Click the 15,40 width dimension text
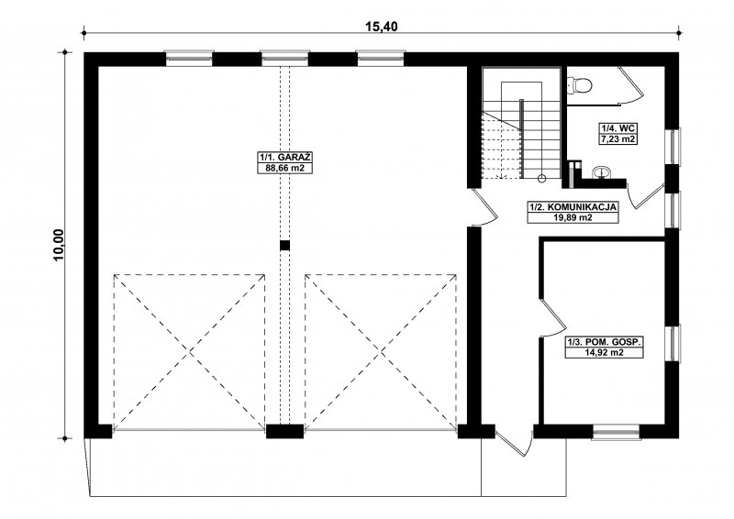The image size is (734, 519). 382,27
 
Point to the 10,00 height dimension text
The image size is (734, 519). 59,245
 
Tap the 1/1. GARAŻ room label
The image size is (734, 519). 285,157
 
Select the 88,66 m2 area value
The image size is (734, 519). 285,168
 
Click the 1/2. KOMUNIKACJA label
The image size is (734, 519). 573,207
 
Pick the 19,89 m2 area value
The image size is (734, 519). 573,217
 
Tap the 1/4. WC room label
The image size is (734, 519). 618,127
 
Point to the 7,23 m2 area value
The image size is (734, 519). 618,138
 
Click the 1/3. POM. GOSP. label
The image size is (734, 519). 604,342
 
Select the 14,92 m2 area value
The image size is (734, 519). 604,353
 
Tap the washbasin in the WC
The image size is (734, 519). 601,173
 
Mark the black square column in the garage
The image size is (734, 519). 285,245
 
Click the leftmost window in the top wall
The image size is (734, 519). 189,58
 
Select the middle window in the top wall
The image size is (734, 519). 284,58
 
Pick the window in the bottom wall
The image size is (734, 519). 616,433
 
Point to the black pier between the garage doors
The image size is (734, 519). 284,431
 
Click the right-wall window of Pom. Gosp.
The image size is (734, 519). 673,343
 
